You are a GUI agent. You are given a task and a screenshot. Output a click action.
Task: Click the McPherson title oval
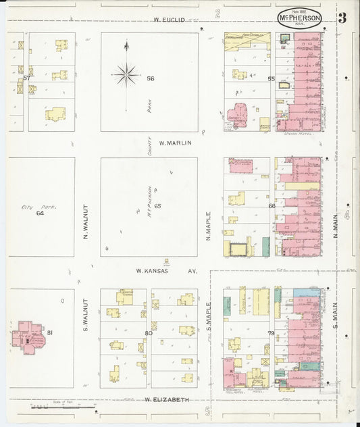pos(298,18)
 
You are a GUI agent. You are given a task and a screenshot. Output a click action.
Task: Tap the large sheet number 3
pos(342,18)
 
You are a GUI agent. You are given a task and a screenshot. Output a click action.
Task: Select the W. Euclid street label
pos(170,20)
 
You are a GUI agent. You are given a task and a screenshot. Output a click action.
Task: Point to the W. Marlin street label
pos(176,143)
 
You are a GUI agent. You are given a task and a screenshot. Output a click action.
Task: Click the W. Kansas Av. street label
pos(165,271)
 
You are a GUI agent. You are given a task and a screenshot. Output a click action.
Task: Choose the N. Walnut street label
pos(86,222)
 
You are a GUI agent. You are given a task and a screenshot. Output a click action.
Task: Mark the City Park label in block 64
pos(31,207)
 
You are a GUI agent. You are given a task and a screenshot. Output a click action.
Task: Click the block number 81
pos(50,332)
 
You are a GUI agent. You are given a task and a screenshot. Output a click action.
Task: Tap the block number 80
pos(148,333)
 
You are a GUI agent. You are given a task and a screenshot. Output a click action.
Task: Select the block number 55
pos(270,80)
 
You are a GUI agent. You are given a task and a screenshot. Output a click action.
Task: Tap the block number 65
pos(157,205)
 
